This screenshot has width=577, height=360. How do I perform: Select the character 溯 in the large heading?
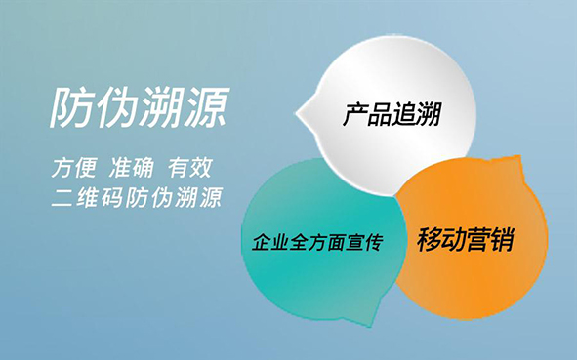coord(162,107)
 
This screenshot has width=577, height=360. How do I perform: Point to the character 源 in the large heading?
coord(207,107)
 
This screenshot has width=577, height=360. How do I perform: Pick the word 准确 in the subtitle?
coord(132,168)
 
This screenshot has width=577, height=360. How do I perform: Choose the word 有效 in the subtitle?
coord(190,168)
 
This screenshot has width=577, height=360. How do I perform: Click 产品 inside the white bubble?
coord(367,114)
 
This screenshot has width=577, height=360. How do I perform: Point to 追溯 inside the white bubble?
coord(417,114)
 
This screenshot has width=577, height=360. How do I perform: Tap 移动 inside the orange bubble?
coord(440,240)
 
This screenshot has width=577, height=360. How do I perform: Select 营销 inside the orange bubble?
coord(490,240)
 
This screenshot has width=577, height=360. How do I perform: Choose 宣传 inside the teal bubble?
coord(365,242)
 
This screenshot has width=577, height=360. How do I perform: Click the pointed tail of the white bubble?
coord(298,113)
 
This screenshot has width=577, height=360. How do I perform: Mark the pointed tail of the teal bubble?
coord(371,325)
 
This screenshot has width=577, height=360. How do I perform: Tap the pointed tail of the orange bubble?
coord(519,157)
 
